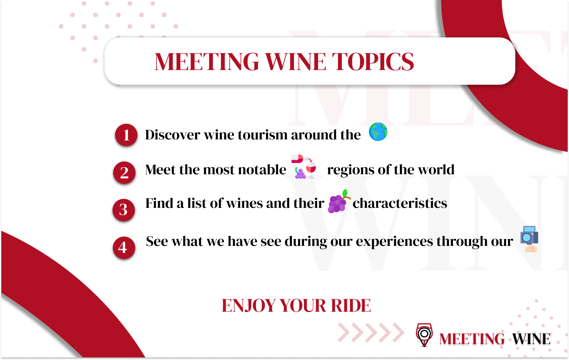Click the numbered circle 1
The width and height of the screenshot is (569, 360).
click(x=126, y=135)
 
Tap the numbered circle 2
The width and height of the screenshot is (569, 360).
click(x=124, y=173)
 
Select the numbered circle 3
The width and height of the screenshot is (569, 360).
click(x=124, y=210)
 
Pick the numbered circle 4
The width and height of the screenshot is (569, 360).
click(x=124, y=247)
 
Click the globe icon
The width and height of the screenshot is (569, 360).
click(x=378, y=132)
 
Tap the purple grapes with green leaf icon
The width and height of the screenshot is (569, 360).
click(x=339, y=201)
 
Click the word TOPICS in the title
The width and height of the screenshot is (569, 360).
click(x=373, y=62)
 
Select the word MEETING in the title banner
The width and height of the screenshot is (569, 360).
click(x=207, y=62)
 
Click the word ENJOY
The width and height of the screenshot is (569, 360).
click(x=248, y=306)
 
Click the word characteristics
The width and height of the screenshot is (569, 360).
click(x=400, y=203)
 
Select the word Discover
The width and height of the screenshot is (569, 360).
click(x=172, y=135)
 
